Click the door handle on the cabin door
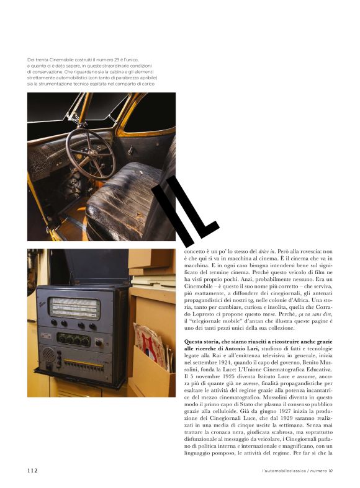[130, 149]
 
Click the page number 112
[32, 471]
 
